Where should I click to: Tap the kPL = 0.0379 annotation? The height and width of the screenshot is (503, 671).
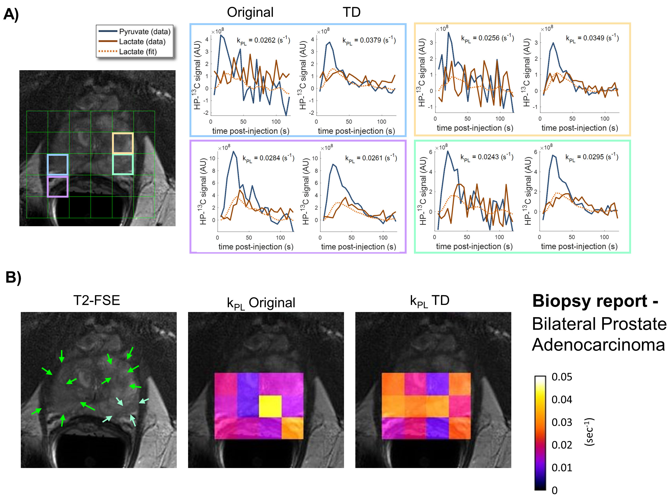pos(369,40)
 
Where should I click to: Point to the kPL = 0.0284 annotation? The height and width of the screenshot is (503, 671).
pos(268,158)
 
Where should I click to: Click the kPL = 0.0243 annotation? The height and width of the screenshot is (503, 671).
pos(486,157)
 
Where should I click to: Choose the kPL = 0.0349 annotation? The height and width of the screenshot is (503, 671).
pos(592,38)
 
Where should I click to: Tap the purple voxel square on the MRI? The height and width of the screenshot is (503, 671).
pos(58,187)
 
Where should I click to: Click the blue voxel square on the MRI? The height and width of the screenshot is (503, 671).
pos(58,165)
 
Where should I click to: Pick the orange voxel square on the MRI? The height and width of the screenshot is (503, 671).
pos(123,143)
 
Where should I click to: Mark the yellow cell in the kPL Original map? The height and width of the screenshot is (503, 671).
pos(270,406)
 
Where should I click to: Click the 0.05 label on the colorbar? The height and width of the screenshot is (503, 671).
pos(562,377)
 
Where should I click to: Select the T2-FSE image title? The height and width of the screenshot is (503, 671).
pos(97,300)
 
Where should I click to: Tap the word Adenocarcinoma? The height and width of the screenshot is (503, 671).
pos(598,345)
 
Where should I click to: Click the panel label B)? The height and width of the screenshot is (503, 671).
pos(13,277)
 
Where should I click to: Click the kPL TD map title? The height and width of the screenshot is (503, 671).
pos(430,301)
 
